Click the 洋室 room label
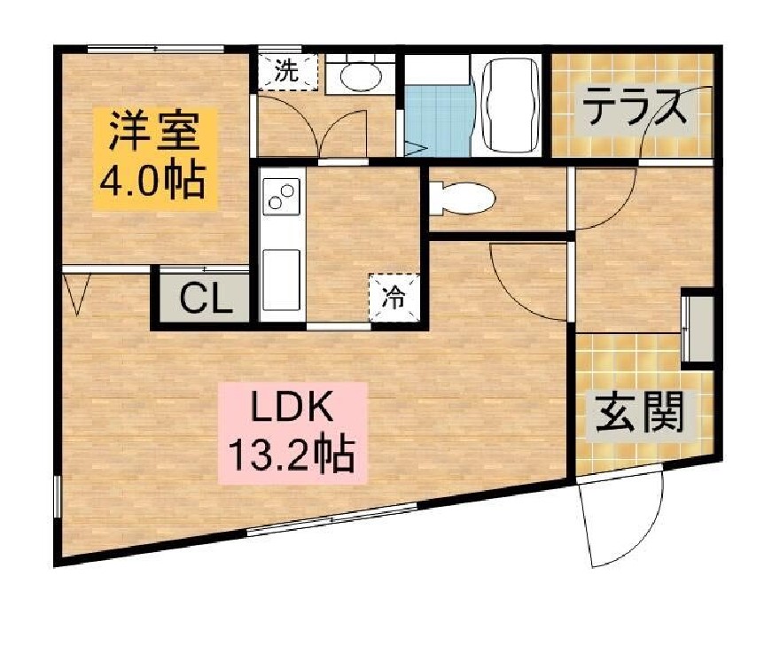coord(154,131)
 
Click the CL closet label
coord(206,300)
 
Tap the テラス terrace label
coord(634,108)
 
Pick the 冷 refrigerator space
coord(394,298)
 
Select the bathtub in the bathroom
coord(510,105)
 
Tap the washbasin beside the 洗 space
coord(361,76)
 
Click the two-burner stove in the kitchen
coord(281,197)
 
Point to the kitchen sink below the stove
coord(281,280)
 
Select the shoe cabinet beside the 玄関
coord(698,329)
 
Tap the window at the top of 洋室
coord(156,49)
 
